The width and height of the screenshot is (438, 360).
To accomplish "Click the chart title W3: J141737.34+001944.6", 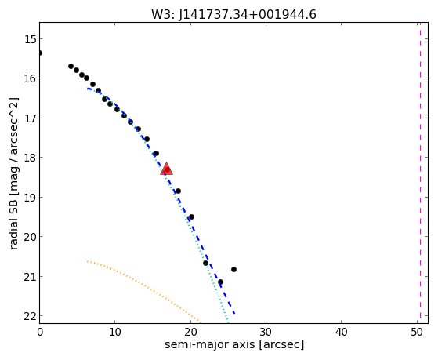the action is point(233,14).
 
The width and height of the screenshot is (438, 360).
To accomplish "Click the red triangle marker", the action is point(166,169).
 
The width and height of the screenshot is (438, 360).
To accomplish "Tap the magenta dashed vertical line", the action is point(420,173).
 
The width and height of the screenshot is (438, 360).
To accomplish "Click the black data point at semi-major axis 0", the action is point(40,53).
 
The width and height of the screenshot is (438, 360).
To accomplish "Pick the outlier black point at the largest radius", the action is point(233,269).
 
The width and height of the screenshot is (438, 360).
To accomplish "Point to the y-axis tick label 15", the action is point(30,39).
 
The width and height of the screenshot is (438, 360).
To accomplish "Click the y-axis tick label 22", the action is point(30,316).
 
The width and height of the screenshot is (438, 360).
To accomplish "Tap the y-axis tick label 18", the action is point(30,158).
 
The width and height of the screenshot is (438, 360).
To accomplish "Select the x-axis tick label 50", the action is point(417,332).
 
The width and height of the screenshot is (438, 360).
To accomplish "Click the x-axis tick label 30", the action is point(266,332).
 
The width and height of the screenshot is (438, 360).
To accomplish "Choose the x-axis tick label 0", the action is point(40,332).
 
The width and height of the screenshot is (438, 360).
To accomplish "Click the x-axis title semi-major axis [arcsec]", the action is point(234,344).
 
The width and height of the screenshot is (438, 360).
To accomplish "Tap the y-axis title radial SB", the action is point(13,215).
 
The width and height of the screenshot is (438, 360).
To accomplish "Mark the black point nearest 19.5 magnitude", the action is point(191,216).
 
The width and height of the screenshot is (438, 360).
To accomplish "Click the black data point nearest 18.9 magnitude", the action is point(178,191).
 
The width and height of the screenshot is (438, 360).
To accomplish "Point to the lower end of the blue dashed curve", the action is point(234,314).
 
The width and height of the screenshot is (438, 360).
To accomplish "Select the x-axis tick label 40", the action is point(341,332).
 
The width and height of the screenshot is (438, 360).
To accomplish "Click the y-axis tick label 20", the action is point(30,237).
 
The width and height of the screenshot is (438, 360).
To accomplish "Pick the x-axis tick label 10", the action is point(115,332).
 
